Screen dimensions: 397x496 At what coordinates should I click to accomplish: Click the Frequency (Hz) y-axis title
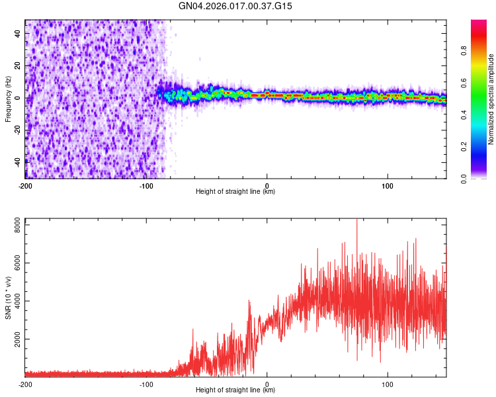pos(8,99)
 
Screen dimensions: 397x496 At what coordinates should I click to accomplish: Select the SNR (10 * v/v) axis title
pos(8,297)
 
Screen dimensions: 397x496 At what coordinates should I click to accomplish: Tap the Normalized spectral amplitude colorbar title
pos(491,99)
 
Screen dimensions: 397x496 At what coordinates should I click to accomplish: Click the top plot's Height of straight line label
pos(235,191)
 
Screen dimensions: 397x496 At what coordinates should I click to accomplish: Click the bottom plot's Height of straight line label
pos(235,390)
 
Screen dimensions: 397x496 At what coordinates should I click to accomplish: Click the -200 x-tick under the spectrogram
pos(25,185)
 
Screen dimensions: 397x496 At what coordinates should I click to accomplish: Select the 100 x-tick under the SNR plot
pos(388,384)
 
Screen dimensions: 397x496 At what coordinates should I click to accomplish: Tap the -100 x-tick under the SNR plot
pos(146,384)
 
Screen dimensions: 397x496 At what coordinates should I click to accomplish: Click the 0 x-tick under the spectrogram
pos(267,185)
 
